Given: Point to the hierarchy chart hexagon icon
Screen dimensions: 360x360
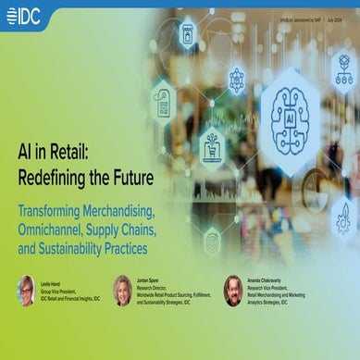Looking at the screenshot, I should tap(345, 69).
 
